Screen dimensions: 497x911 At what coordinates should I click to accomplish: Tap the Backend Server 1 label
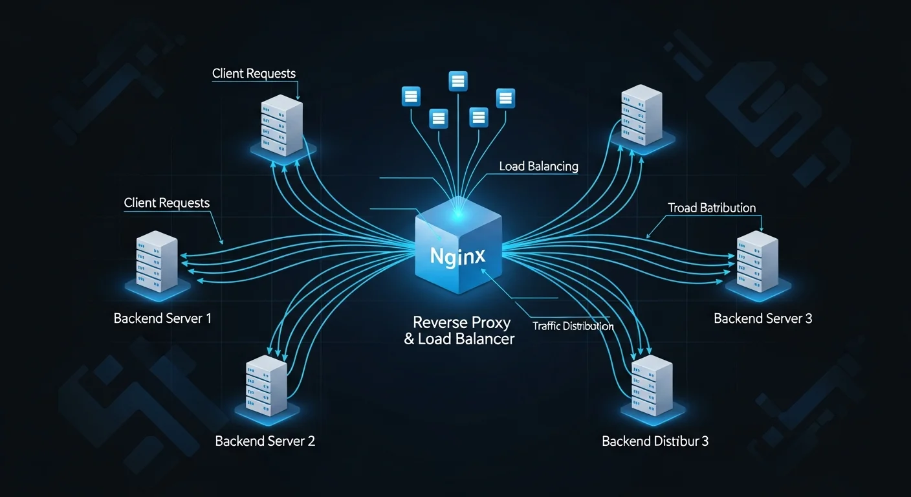tap(162, 318)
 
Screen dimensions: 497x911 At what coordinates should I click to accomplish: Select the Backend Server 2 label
tap(265, 441)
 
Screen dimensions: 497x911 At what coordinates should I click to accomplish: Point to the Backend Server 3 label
tap(763, 318)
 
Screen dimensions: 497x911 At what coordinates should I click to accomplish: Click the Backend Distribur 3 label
tap(655, 441)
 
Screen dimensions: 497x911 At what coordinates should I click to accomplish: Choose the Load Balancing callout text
tap(538, 166)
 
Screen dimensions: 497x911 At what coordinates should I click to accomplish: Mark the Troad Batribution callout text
tap(711, 208)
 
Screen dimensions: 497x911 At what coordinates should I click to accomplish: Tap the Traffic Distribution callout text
tap(573, 326)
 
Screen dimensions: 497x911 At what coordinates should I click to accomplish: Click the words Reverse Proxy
tap(461, 322)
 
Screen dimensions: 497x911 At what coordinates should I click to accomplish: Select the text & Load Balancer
tap(459, 339)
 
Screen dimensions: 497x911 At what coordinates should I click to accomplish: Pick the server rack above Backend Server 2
tap(266, 386)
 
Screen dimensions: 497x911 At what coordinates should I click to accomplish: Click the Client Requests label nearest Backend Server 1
tap(167, 203)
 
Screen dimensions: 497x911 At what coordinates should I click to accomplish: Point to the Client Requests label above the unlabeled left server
tap(254, 74)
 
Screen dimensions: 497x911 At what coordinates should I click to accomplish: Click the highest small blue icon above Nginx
tap(458, 81)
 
